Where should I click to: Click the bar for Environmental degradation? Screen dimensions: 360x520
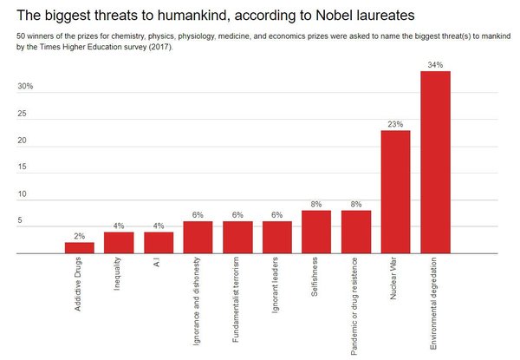click(x=435, y=162)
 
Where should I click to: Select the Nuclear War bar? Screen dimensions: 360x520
click(x=395, y=192)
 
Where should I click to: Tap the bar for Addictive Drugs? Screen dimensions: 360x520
click(x=79, y=248)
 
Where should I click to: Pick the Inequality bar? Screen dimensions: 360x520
click(x=119, y=243)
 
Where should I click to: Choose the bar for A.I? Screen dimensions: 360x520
click(x=159, y=243)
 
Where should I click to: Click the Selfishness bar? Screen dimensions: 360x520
click(x=316, y=232)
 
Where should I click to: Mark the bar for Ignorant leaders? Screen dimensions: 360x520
click(x=276, y=238)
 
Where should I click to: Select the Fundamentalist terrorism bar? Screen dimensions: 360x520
click(x=237, y=238)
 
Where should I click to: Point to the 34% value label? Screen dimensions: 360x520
click(x=435, y=63)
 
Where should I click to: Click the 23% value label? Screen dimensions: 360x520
click(x=395, y=123)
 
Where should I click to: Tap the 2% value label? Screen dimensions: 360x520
click(x=79, y=236)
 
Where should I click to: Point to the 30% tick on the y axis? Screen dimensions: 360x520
click(x=25, y=87)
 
